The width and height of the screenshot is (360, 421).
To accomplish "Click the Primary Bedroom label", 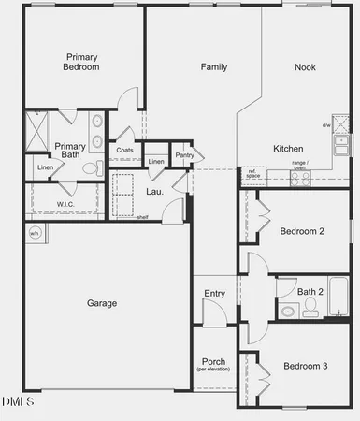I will pos(81,61).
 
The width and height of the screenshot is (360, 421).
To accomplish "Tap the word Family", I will pos(214,66).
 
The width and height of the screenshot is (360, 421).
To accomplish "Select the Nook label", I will pos(305,66).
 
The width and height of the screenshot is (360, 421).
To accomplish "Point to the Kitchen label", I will pos(287,149).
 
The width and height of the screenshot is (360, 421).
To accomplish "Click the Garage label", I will pos(102,303).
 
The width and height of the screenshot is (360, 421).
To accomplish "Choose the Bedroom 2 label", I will pos(302,231).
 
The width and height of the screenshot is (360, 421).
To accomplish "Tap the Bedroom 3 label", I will pos(305,366).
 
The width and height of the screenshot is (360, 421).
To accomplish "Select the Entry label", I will pos(214,294).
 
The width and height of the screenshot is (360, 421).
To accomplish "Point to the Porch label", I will pos(213,362).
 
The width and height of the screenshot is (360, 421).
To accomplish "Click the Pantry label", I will pos(184,155).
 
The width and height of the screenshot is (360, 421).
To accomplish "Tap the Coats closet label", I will pos(125,150).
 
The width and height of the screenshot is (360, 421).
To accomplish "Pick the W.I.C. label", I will pos(65,204).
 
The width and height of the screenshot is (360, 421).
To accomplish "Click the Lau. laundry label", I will pos(154,192).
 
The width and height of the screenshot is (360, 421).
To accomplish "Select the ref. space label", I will pos(252,173).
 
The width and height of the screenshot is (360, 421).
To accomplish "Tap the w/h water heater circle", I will pos(35,234).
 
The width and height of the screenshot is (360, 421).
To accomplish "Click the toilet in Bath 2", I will pos(284,311).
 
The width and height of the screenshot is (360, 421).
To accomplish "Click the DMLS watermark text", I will pos(18,401).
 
